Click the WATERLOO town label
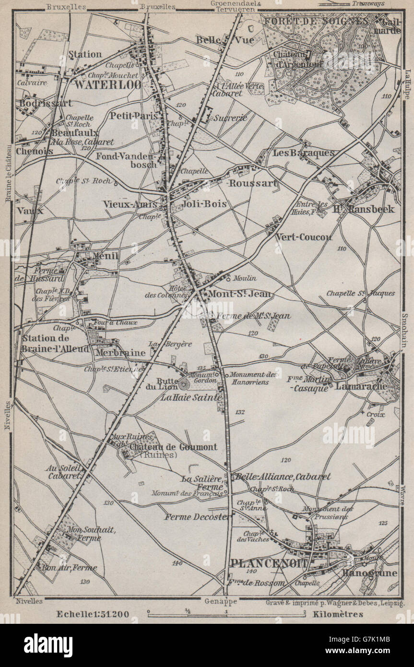coord(107,85)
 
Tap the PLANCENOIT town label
coord(269,563)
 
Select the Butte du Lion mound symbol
coord(184,383)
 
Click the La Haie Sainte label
coord(191,397)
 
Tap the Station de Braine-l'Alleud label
coord(55,344)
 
